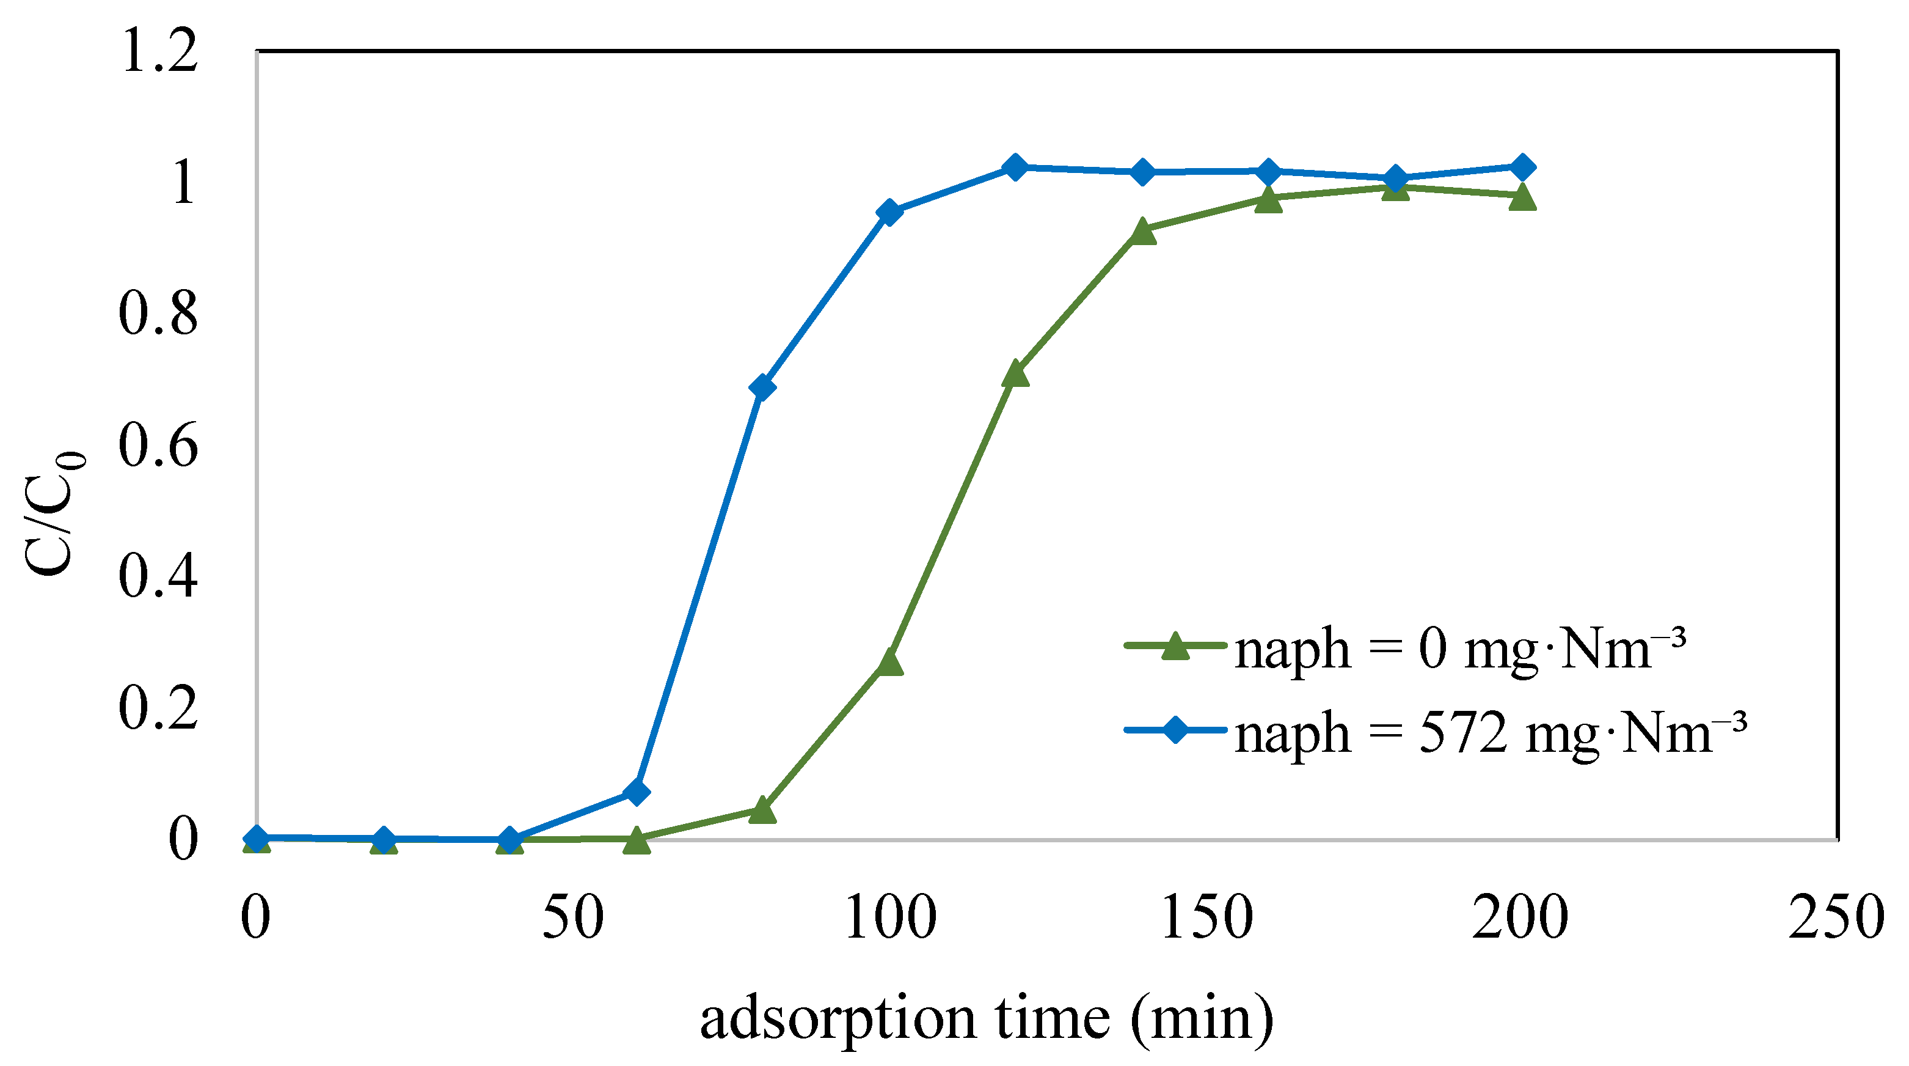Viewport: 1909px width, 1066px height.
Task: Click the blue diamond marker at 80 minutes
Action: click(762, 388)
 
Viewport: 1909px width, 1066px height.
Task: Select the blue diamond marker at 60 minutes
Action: click(636, 792)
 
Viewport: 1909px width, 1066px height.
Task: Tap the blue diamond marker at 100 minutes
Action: click(889, 212)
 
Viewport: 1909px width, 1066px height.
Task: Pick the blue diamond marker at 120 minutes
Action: click(1015, 167)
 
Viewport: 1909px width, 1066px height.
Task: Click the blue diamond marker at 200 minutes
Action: click(1522, 167)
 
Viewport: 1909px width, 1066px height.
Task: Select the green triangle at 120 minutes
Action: click(1015, 373)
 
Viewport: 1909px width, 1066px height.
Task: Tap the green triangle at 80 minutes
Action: click(762, 811)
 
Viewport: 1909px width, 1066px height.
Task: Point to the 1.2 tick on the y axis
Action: click(159, 52)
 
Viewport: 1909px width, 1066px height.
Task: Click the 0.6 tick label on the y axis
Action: click(159, 446)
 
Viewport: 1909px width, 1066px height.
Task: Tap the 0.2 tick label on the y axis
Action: click(159, 708)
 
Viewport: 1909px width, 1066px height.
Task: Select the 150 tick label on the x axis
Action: click(1205, 917)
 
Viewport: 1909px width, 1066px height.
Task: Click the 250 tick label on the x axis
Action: click(1836, 917)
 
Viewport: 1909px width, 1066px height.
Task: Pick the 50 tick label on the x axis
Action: click(573, 917)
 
